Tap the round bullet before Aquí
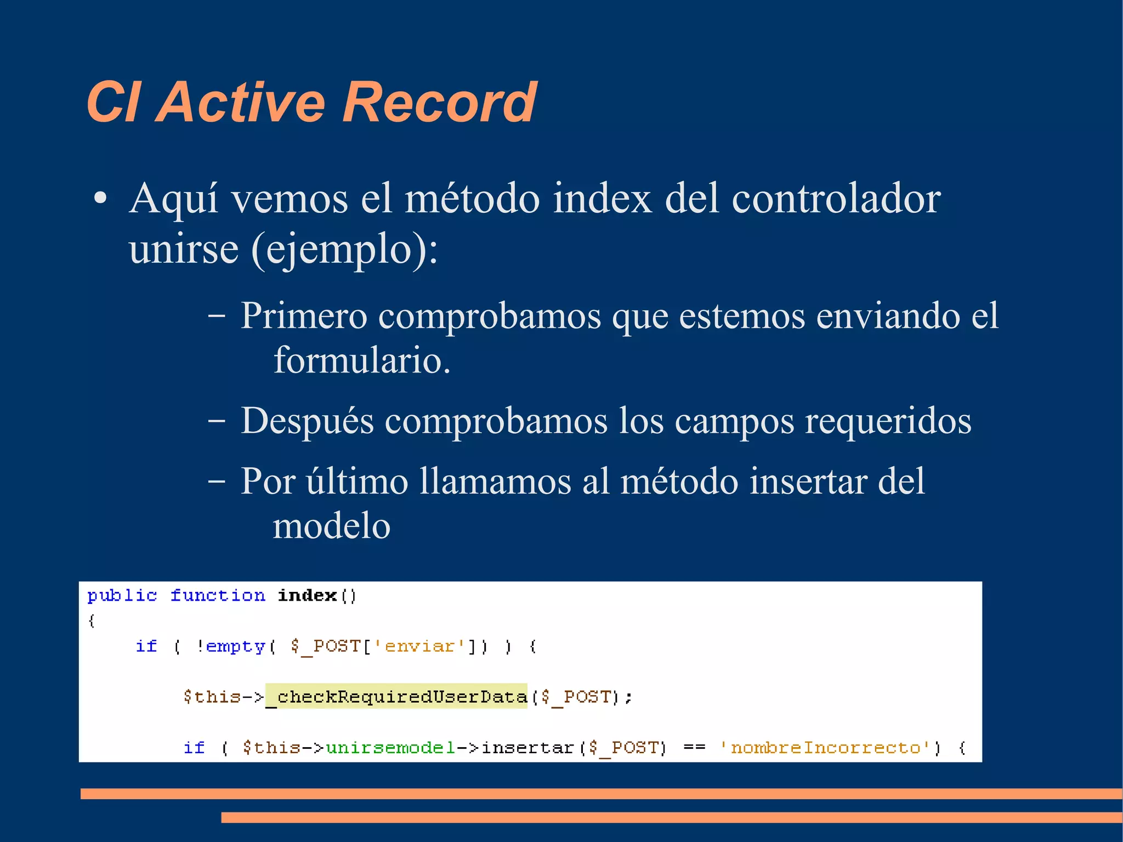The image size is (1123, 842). (x=100, y=199)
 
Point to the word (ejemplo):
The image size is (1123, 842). (x=344, y=250)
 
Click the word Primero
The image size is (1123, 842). (x=304, y=316)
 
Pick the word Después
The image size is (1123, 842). (x=307, y=421)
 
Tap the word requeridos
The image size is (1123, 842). (x=888, y=421)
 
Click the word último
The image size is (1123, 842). (x=357, y=481)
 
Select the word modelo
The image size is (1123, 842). (x=331, y=525)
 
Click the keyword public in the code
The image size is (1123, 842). (x=122, y=595)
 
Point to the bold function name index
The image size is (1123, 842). (x=307, y=595)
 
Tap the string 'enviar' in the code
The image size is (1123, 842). (x=419, y=646)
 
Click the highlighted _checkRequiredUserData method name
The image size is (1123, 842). (x=396, y=697)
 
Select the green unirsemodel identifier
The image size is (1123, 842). (x=390, y=748)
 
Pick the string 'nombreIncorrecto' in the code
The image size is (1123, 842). (x=825, y=748)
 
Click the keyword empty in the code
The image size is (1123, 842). (x=236, y=646)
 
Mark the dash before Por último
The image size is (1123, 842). (x=217, y=481)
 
